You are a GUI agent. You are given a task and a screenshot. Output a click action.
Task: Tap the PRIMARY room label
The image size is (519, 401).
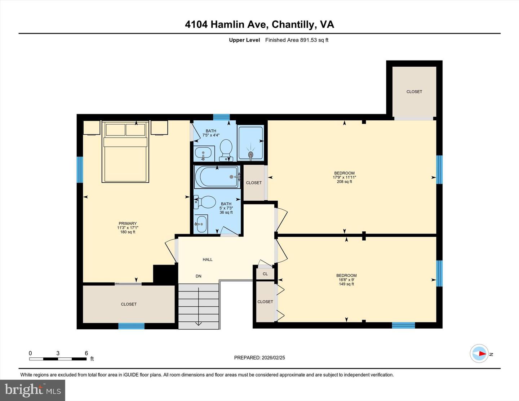(x=128, y=223)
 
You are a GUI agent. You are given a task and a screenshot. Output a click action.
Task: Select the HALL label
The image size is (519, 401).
(x=208, y=259)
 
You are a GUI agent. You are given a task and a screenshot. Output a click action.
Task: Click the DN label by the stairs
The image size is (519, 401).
(x=199, y=276)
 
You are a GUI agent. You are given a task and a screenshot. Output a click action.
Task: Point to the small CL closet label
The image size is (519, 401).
(x=265, y=274)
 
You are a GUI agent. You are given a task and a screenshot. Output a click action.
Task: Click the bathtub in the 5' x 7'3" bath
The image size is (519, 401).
(x=216, y=177)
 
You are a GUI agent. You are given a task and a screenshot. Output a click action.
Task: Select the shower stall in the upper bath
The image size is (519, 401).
(x=250, y=143)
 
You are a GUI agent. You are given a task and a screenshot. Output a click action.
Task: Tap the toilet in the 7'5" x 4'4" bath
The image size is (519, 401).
(x=226, y=150)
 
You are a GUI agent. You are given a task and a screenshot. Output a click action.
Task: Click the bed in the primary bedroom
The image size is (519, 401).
(x=125, y=155)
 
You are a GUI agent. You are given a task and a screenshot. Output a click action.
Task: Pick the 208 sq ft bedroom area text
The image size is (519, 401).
(x=344, y=182)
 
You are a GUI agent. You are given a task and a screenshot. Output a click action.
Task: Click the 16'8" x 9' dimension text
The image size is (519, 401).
(x=346, y=280)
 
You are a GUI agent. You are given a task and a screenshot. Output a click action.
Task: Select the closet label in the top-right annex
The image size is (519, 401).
(x=414, y=92)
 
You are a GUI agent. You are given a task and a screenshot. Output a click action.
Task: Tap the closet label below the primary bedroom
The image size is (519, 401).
(x=129, y=304)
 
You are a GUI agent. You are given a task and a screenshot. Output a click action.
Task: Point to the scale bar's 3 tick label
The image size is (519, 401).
(x=58, y=353)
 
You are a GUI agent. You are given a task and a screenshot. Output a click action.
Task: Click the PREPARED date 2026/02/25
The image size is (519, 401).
(x=259, y=358)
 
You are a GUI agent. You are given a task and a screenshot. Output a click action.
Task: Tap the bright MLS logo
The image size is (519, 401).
(x=33, y=390)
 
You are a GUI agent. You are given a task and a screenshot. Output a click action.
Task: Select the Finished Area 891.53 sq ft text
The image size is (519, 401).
(x=297, y=40)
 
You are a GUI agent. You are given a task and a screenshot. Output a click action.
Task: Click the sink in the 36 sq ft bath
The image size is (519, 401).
(x=201, y=224)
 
